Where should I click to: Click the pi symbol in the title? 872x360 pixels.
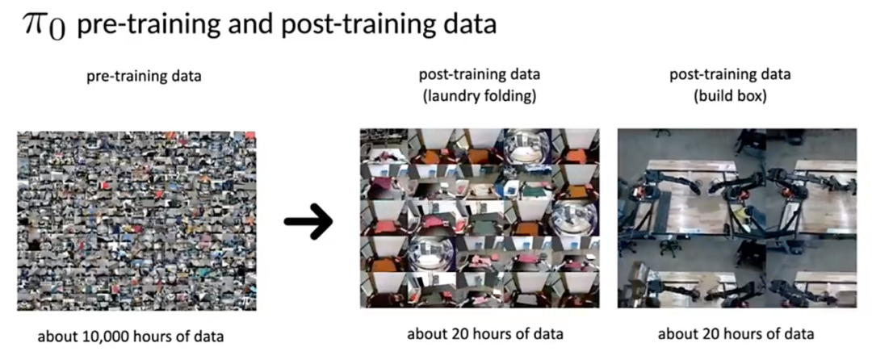[x=36, y=25]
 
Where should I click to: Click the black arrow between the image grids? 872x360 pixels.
[x=308, y=221]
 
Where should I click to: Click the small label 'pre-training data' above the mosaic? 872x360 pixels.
[x=144, y=76]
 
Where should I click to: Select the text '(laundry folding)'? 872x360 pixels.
[x=479, y=96]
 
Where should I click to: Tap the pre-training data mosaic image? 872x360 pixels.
[x=136, y=220]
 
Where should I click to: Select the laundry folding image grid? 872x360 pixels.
[x=480, y=218]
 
